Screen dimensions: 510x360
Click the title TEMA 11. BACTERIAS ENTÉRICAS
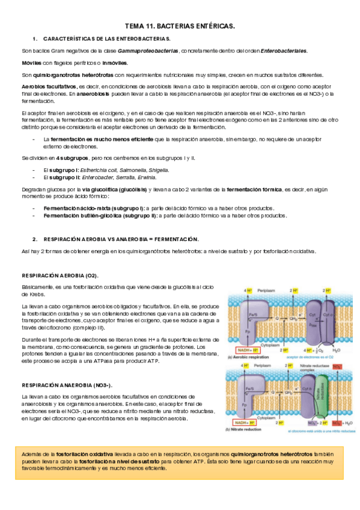pos(180,26)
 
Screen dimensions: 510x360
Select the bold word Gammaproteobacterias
pos(148,51)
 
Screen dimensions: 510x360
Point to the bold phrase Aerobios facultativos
pos(48,87)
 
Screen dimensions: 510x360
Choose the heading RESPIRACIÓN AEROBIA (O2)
pos(60,275)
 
